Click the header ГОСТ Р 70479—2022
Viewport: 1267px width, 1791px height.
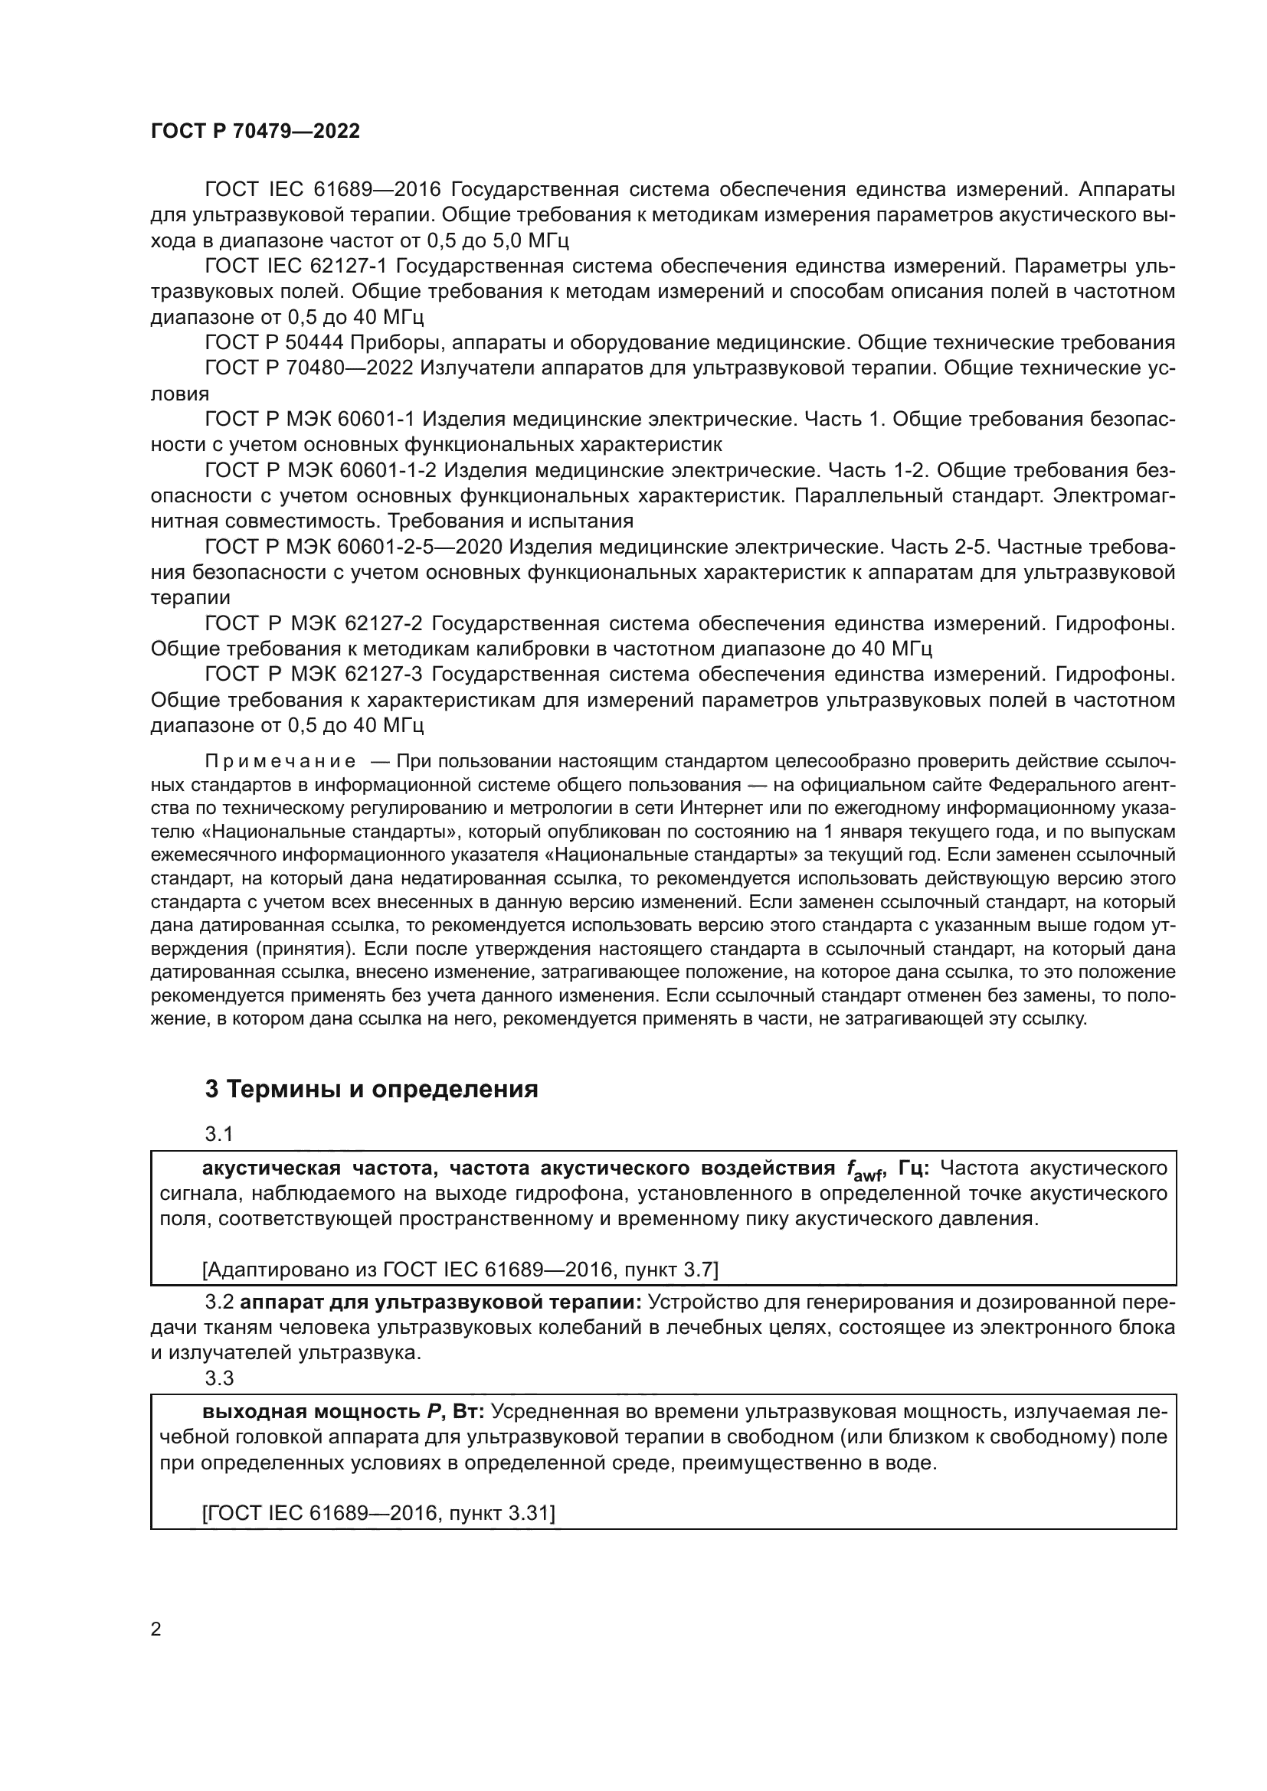pos(255,131)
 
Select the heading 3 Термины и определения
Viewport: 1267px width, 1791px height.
pos(372,1089)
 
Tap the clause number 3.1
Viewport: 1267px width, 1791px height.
pos(218,1133)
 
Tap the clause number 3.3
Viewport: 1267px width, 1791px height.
pos(218,1378)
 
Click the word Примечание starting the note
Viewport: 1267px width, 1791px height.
pos(280,761)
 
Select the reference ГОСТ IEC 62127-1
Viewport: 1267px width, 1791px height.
pos(296,266)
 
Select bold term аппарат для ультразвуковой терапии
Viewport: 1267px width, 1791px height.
pos(440,1302)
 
